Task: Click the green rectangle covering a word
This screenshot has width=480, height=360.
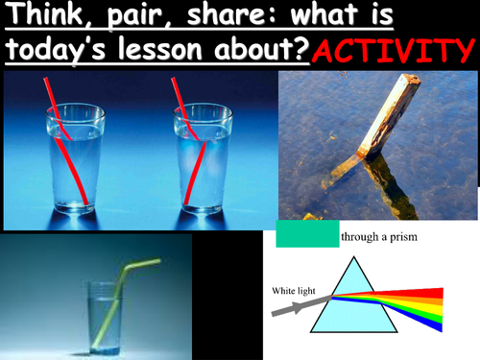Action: [305, 234]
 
